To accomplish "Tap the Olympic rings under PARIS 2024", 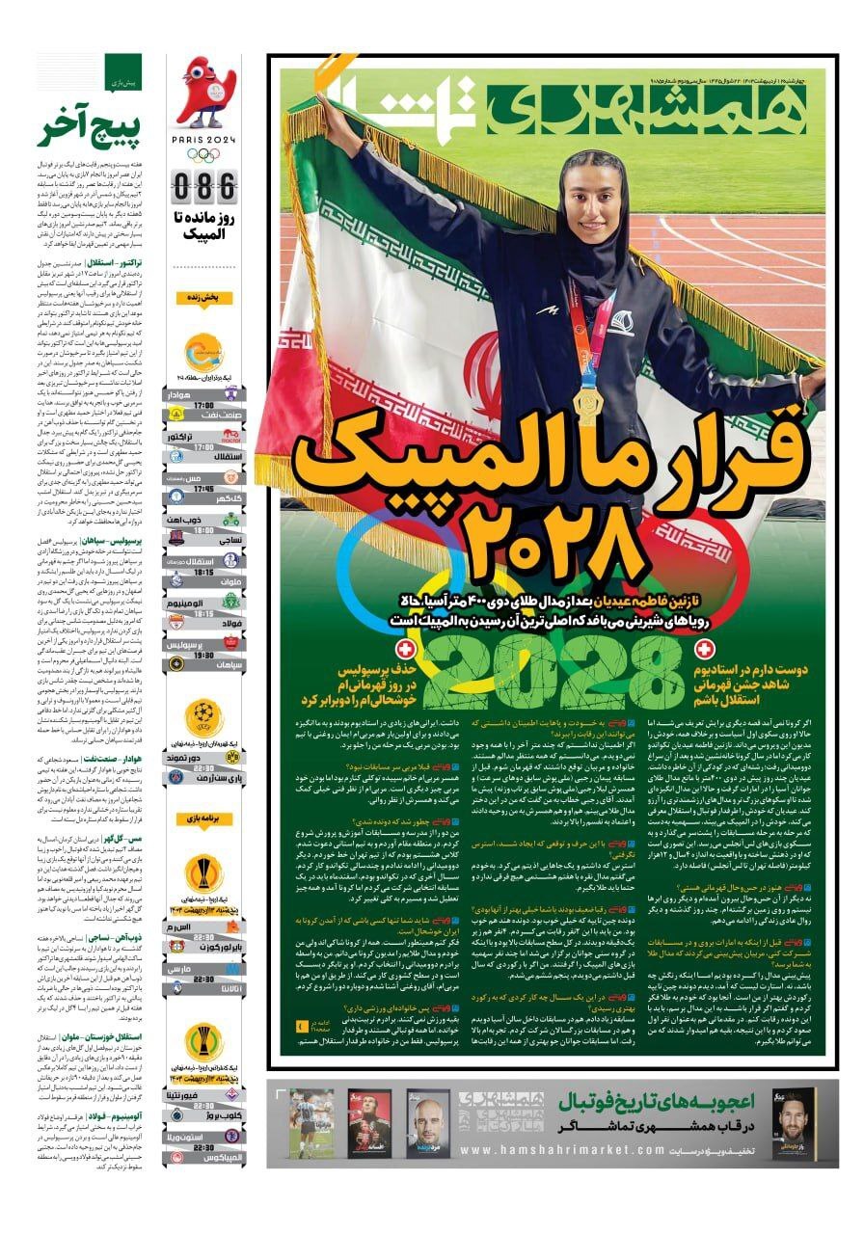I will (x=204, y=154).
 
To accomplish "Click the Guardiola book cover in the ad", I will (x=428, y=1122).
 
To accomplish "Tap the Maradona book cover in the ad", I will (x=310, y=1123).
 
